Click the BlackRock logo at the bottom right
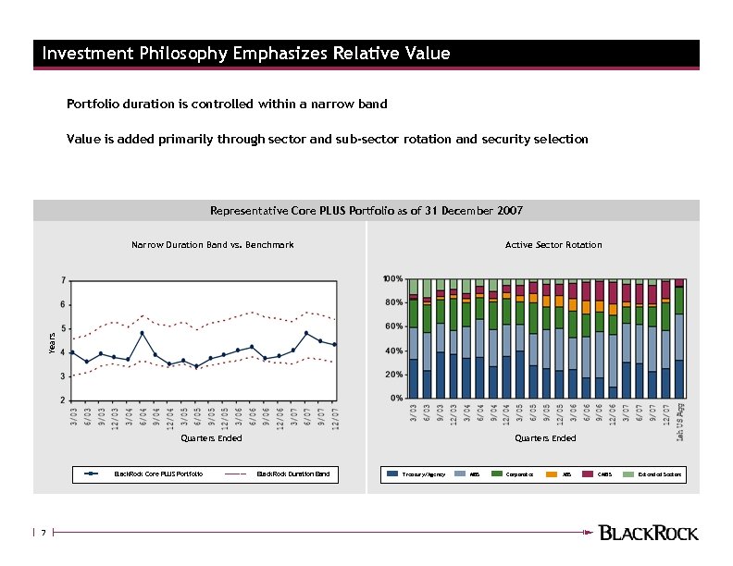[x=649, y=533]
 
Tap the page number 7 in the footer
[x=43, y=533]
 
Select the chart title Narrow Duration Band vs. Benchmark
[x=212, y=245]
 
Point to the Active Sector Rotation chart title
[x=553, y=245]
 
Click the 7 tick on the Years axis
[x=63, y=279]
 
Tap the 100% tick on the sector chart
[x=392, y=278]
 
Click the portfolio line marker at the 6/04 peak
[x=142, y=333]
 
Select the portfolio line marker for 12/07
[x=334, y=345]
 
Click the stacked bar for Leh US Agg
[x=680, y=338]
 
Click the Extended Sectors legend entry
[x=658, y=474]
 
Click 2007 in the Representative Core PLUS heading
[x=508, y=211]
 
